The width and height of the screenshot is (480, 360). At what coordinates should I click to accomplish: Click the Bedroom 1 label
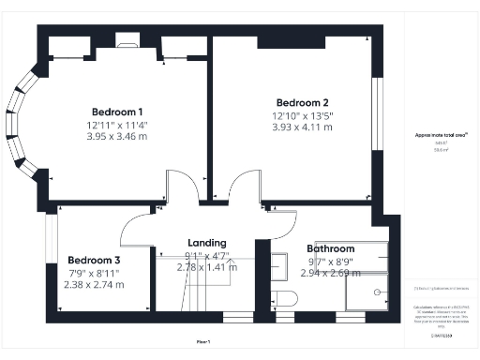(x=117, y=111)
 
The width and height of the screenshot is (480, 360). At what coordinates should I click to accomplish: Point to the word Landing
(x=206, y=242)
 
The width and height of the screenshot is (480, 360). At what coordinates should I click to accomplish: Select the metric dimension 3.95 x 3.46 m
(x=117, y=137)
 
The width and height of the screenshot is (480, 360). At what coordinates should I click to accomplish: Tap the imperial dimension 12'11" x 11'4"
(x=117, y=125)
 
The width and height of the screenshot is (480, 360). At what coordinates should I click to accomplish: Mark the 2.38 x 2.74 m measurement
(x=93, y=284)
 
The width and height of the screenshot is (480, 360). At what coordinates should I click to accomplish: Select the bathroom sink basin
(x=278, y=266)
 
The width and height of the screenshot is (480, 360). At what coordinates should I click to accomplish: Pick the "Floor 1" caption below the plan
(x=203, y=341)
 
